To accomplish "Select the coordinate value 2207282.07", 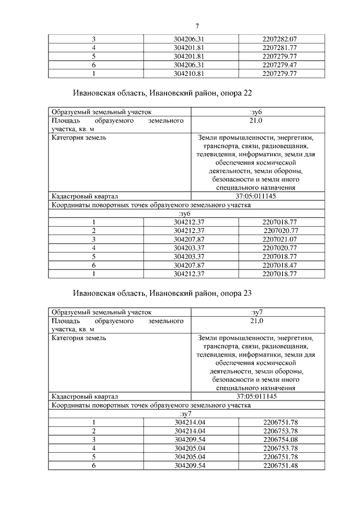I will tap(280, 39).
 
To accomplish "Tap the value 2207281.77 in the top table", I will tap(280, 48).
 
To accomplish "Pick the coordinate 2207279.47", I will tap(280, 65).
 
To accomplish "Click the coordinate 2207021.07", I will tap(280, 239).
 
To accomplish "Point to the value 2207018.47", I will tap(280, 265).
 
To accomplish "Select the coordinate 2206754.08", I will tap(280, 439).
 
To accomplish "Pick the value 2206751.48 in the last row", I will tap(280, 465).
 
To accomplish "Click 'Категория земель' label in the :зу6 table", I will tap(79, 137).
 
